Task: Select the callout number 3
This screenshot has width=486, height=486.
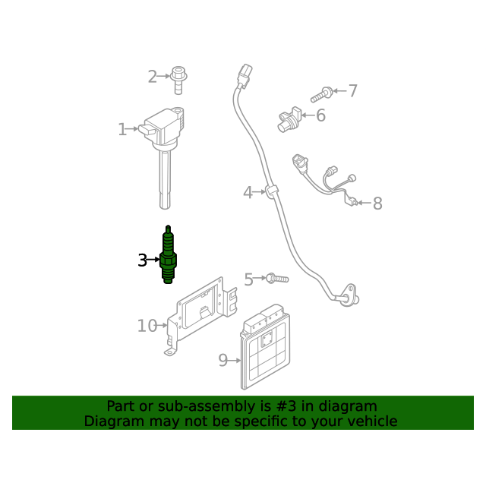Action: point(142,260)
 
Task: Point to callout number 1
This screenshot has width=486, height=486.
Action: point(122,129)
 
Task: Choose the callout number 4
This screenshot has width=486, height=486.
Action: point(248,192)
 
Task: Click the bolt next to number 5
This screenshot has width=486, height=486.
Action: point(277,278)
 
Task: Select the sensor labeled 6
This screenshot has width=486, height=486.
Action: point(289,119)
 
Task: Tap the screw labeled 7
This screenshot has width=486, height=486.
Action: point(321,95)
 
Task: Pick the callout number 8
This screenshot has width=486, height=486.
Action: point(377,204)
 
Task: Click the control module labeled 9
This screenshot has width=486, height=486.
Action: point(265,347)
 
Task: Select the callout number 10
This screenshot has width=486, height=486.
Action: point(147,326)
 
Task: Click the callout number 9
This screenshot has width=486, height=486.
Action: point(222,360)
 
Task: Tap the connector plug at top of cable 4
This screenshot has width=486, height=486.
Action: point(245,76)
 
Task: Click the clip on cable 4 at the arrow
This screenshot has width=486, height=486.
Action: point(272,192)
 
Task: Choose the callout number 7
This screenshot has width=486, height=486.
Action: point(352,91)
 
